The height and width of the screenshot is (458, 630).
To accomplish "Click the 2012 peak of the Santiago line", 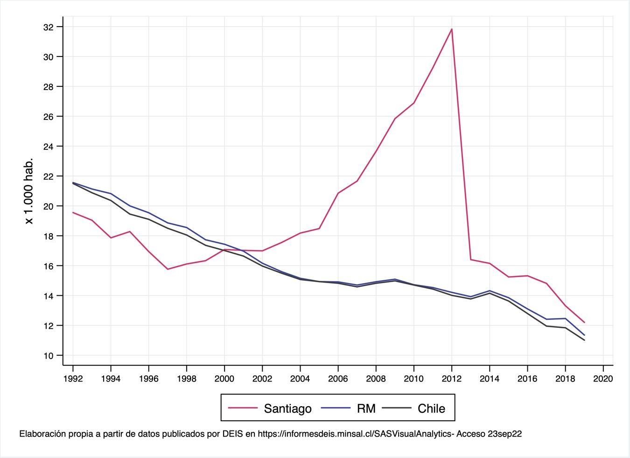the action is (x=452, y=29).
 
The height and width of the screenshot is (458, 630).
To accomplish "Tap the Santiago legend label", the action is (x=288, y=409).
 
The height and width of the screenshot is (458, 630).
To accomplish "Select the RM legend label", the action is (x=366, y=409).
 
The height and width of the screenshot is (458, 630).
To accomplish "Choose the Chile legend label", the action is (x=432, y=409).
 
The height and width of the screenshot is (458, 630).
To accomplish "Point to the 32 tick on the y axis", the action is (x=49, y=27).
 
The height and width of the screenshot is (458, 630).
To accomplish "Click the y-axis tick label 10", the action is (x=49, y=355).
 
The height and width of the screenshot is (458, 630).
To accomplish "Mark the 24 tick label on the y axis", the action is (x=49, y=146).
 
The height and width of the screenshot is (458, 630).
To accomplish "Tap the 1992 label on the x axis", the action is (x=73, y=379).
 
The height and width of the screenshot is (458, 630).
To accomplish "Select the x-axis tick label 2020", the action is (x=603, y=379).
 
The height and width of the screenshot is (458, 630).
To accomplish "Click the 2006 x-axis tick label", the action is (x=338, y=379).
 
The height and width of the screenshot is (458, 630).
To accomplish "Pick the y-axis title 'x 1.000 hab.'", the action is (x=29, y=191).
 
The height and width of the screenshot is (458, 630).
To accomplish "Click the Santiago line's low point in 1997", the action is (x=168, y=269).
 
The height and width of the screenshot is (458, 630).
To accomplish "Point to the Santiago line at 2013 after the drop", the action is (x=470, y=259).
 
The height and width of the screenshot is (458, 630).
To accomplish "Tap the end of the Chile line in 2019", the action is (x=584, y=340).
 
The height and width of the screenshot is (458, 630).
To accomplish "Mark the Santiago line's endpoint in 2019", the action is (x=584, y=322).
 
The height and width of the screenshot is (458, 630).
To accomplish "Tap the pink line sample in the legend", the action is (x=243, y=408).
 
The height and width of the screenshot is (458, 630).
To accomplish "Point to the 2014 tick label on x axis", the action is (x=490, y=379).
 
